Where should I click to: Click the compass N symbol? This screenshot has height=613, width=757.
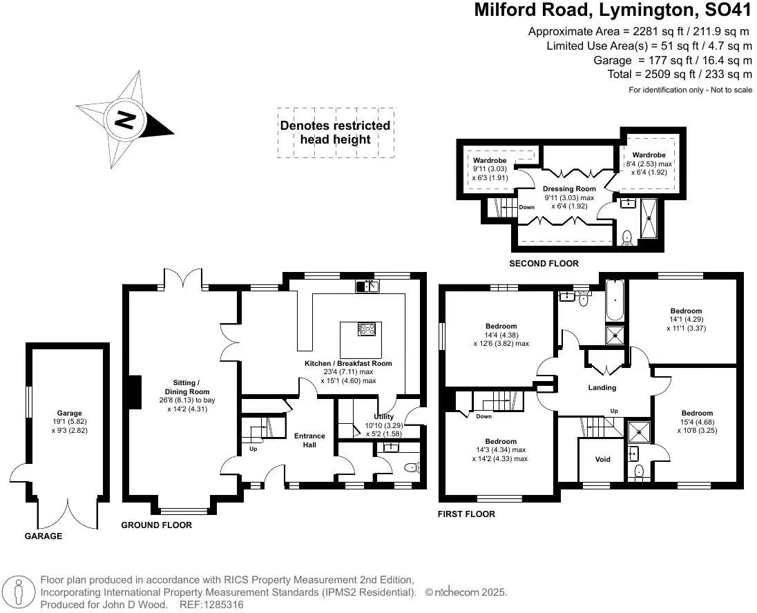click(126, 120)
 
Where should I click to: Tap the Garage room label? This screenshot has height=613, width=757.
click(70, 413)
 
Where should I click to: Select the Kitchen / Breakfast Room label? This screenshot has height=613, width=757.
click(348, 364)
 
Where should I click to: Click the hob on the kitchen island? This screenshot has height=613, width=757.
click(367, 330)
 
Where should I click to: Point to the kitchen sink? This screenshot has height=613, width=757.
click(367, 286)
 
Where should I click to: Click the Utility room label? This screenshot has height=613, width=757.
click(384, 416)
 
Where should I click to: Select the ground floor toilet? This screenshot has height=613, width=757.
click(412, 467)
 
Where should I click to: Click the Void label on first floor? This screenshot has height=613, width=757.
click(602, 460)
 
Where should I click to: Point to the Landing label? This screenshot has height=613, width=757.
click(602, 387)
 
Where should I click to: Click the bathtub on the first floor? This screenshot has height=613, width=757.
click(615, 300)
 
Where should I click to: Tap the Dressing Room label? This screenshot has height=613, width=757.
click(569, 188)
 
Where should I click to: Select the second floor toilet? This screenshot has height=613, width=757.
click(627, 237)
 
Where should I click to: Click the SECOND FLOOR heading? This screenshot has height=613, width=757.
click(544, 264)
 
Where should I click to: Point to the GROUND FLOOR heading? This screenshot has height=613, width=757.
click(156, 525)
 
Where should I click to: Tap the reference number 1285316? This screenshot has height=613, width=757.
click(223, 604)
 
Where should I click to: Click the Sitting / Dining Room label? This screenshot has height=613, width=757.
click(187, 387)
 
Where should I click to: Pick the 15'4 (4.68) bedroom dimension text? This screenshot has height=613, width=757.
click(697, 422)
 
